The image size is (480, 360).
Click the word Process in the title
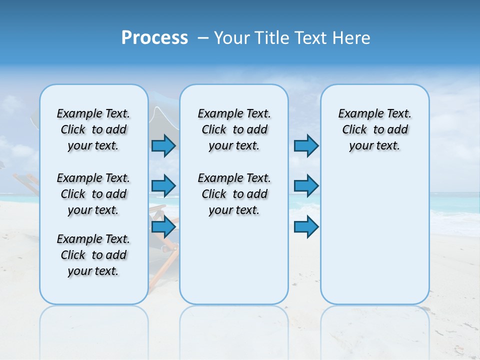tap(154, 38)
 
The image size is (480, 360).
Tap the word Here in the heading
tap(352, 38)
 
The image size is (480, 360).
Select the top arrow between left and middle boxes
tap(163, 145)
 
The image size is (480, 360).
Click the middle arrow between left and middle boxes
tap(163, 186)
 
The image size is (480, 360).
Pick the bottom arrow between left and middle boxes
tap(163, 227)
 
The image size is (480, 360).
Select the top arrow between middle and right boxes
tap(306, 145)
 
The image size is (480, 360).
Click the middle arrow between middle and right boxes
tap(306, 186)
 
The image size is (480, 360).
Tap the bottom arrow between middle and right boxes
tap(306, 227)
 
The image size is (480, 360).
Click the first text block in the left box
tap(93, 129)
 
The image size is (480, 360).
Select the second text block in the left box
tap(93, 194)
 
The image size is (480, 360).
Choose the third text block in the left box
tap(93, 255)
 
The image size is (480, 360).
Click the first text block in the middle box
tap(234, 129)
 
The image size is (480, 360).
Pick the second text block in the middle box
tap(234, 194)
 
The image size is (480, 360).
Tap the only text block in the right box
tap(374, 129)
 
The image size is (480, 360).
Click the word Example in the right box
tap(357, 114)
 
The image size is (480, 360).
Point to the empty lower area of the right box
tap(374, 235)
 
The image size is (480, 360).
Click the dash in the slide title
tap(203, 38)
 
